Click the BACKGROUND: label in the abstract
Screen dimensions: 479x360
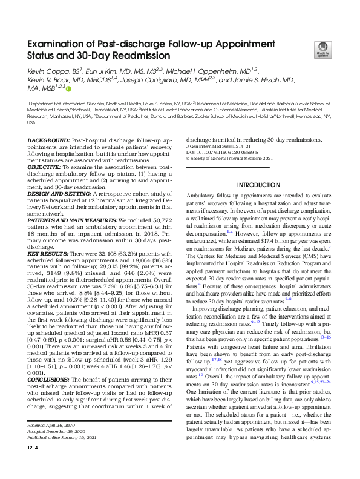click(48, 140)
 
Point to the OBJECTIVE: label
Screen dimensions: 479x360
click(44, 166)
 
